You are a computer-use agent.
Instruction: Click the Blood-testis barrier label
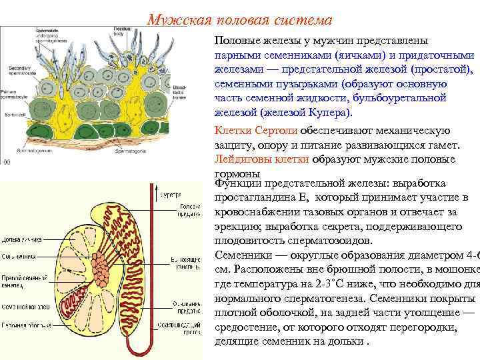tap(180, 92)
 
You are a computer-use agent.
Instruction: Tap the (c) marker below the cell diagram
tap(7, 161)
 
